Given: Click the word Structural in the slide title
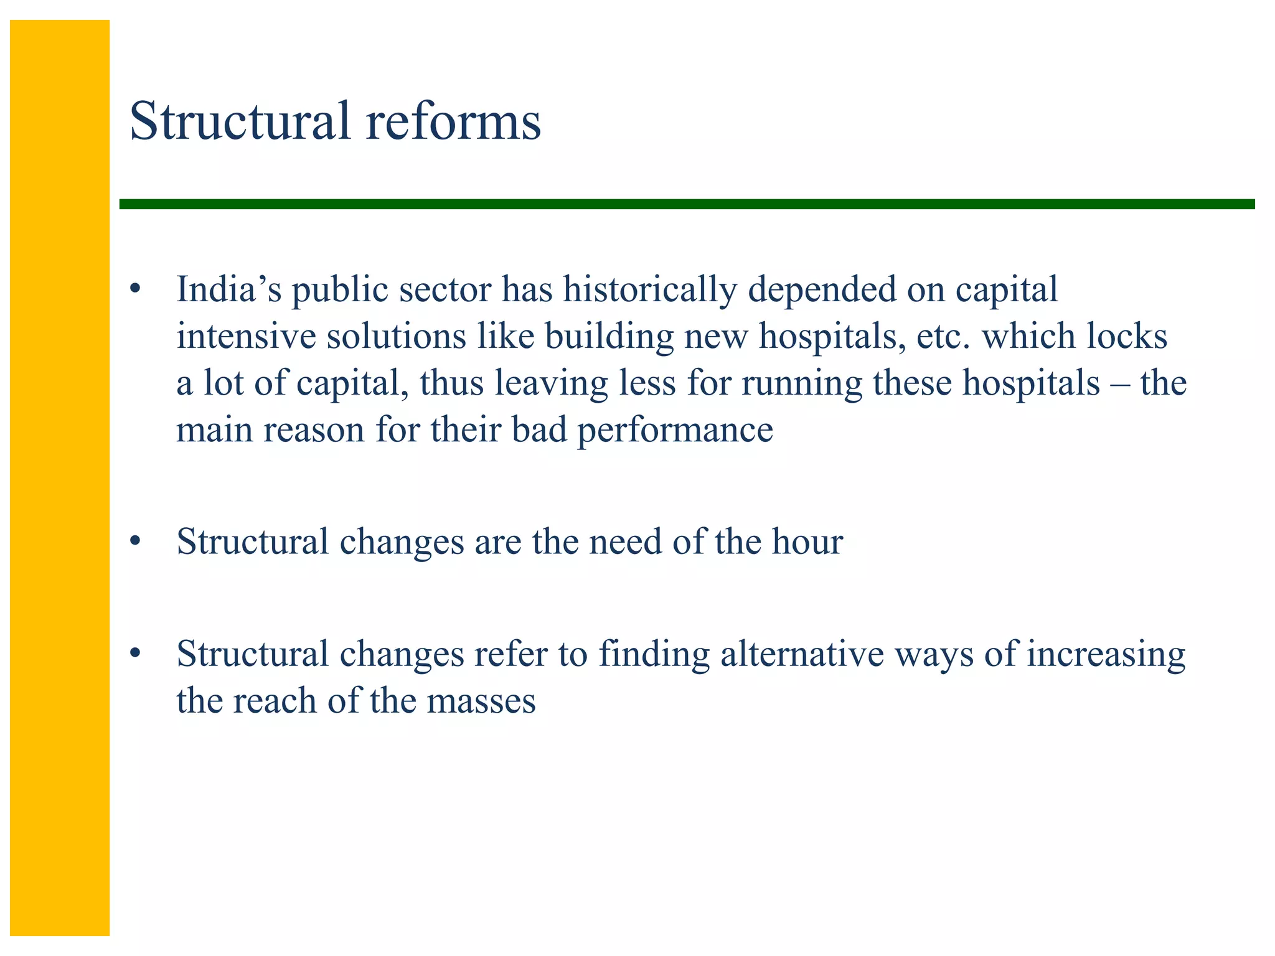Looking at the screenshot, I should tap(240, 121).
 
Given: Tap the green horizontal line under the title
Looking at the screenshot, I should tap(685, 204).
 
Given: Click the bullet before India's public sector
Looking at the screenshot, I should tap(136, 289).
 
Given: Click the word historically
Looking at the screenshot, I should tap(650, 289).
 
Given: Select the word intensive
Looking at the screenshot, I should tap(246, 336).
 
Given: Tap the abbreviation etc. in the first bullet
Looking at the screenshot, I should tap(943, 336).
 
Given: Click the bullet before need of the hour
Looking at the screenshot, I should tap(136, 541).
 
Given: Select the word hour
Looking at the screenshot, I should tap(807, 541).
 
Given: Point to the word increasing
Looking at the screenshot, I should tap(1106, 655).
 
